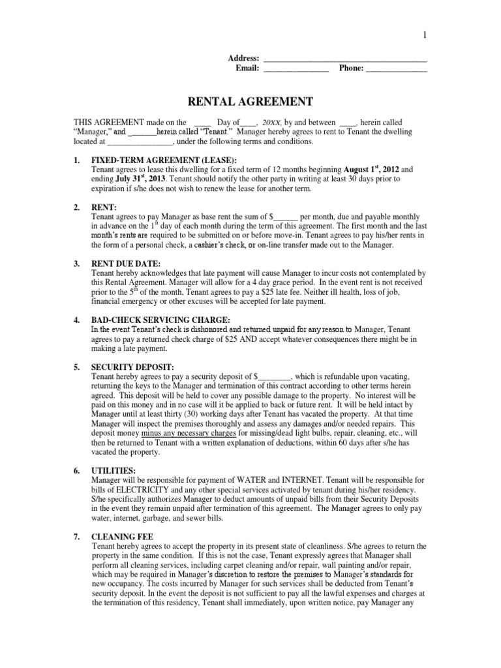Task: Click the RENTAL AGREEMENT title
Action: [250, 101]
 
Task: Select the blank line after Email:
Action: [296, 68]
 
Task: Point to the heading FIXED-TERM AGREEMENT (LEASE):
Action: [164, 160]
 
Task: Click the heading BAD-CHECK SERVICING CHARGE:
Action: [160, 320]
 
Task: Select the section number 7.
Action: [76, 536]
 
